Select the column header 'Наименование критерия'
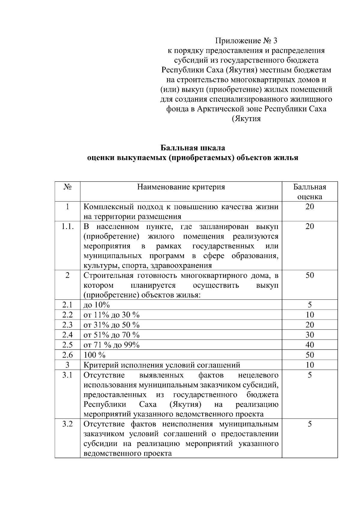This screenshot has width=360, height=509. pyautogui.click(x=181, y=187)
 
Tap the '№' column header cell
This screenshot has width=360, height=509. pyautogui.click(x=67, y=187)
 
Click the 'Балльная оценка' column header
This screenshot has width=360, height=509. pyautogui.click(x=310, y=192)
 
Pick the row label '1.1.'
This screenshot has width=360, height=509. pyautogui.click(x=67, y=227)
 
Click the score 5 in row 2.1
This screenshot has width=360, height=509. pyautogui.click(x=310, y=305)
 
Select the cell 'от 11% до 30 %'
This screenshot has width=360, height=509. pyautogui.click(x=111, y=315)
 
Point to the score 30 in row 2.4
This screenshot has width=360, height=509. pyautogui.click(x=310, y=335)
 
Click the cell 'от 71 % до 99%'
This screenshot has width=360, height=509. pyautogui.click(x=111, y=345)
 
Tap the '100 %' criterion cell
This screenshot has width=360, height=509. pyautogui.click(x=94, y=355)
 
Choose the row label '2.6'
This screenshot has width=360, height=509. pyautogui.click(x=67, y=355)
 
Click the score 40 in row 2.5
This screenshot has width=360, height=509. pyautogui.click(x=310, y=345)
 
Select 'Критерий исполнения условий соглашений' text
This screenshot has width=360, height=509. pyautogui.click(x=162, y=365)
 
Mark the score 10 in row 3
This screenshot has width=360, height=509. pyautogui.click(x=310, y=365)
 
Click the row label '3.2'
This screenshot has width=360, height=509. pyautogui.click(x=67, y=424)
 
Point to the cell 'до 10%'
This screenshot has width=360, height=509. pyautogui.click(x=96, y=305)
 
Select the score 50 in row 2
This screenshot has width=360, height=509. pyautogui.click(x=310, y=275)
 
